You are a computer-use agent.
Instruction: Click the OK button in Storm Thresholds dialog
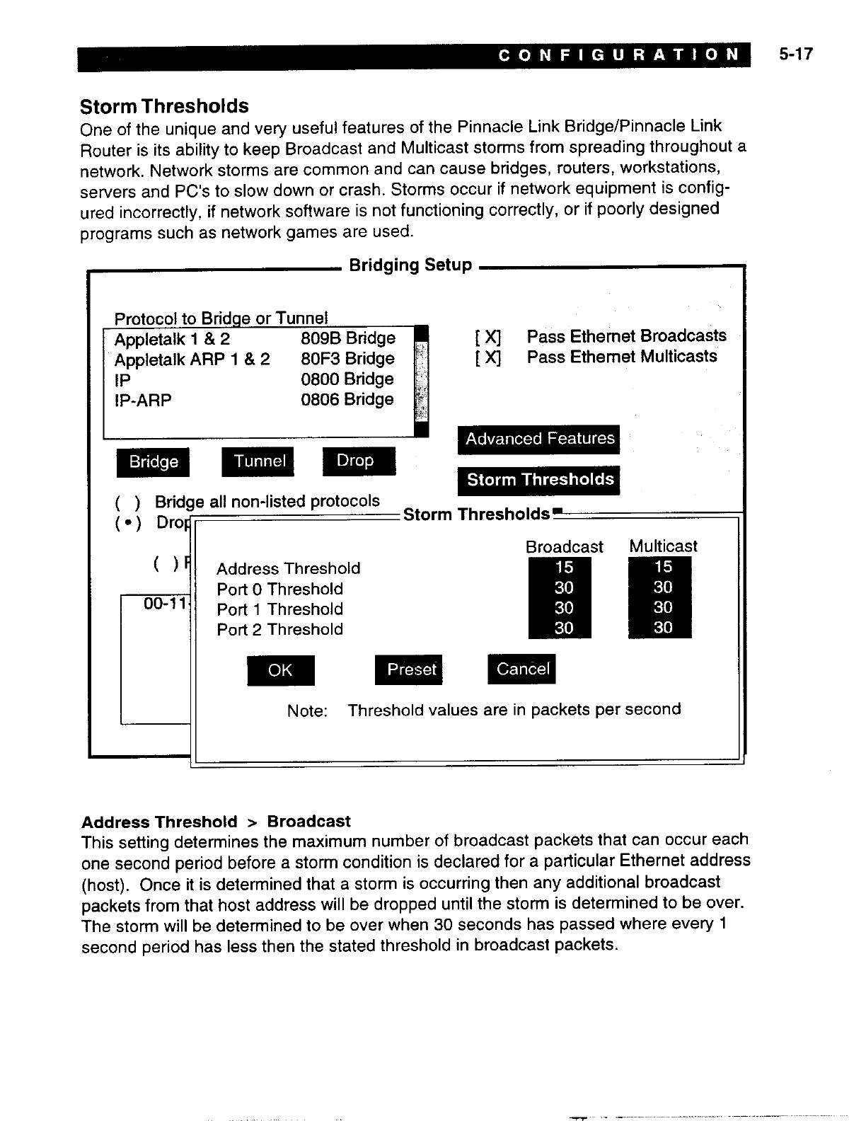[x=280, y=670]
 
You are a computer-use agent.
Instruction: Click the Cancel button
[x=522, y=669]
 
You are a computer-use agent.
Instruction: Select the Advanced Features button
[x=539, y=439]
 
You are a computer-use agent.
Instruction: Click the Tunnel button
[x=259, y=461]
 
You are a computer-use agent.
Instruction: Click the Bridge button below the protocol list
[x=153, y=462]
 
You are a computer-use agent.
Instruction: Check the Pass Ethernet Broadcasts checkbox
[x=489, y=337]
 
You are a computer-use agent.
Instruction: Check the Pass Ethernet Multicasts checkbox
[x=489, y=357]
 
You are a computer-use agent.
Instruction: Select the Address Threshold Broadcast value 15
[x=563, y=568]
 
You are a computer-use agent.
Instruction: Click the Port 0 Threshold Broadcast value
[x=563, y=587]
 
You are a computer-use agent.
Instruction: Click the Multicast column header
[x=662, y=546]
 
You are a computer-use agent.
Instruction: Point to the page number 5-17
[x=796, y=54]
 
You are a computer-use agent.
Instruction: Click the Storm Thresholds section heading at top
[x=164, y=107]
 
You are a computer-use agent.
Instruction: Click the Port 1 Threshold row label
[x=279, y=609]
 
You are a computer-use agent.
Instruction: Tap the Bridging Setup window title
[x=410, y=265]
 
